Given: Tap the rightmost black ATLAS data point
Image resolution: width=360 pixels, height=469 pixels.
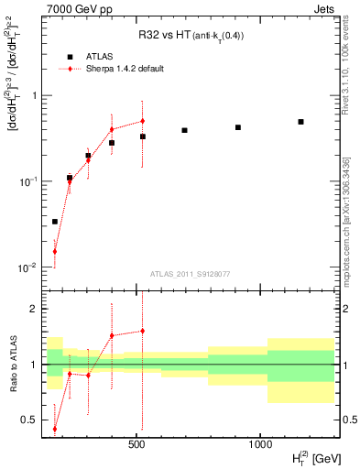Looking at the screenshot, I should coord(300,122).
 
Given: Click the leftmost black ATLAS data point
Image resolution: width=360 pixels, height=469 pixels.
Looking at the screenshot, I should coord(55,222).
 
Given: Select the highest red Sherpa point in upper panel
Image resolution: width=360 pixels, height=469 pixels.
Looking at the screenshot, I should coord(143,121).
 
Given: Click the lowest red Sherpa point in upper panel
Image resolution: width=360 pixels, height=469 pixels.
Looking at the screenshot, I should coord(55,251).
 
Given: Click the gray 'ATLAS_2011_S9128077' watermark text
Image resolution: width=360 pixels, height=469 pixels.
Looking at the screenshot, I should coord(191,274).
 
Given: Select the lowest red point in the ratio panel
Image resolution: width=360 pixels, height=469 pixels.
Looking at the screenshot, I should coord(55,428).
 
